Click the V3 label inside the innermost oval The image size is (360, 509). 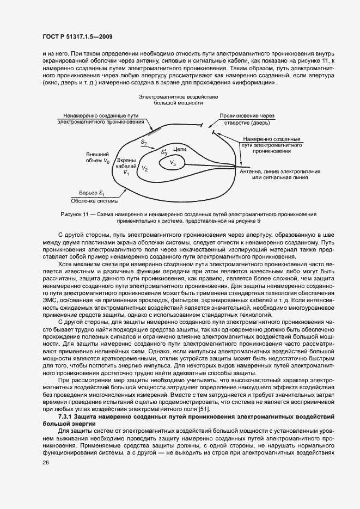pyautogui.click(x=173, y=163)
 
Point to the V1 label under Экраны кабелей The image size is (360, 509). pyautogui.click(x=126, y=173)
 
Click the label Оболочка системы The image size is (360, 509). pyautogui.click(x=96, y=201)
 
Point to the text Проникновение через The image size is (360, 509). pyautogui.click(x=248, y=116)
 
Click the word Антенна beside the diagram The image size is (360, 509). pyautogui.click(x=252, y=171)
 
